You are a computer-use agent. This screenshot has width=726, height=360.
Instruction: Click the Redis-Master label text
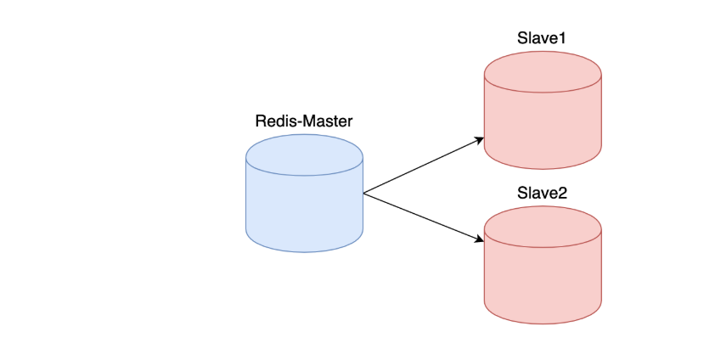tap(304, 121)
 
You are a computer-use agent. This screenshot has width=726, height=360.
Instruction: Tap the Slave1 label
tap(543, 39)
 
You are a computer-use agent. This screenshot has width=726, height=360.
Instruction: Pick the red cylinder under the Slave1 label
tap(543, 119)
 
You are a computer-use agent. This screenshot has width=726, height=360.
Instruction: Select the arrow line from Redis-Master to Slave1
tap(420, 166)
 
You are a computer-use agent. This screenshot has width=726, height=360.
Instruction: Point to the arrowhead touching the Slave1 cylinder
tap(479, 140)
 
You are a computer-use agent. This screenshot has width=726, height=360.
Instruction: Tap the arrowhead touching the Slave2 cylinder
tap(479, 239)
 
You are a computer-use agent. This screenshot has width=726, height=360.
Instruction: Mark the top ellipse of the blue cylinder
tap(304, 158)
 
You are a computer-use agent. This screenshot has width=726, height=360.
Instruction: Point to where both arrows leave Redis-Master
tap(363, 193)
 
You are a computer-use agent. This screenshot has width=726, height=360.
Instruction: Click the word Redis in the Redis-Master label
tap(275, 121)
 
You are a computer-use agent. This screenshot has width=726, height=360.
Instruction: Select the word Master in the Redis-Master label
tap(329, 121)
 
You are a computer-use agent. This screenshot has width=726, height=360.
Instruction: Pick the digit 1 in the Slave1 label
tap(562, 39)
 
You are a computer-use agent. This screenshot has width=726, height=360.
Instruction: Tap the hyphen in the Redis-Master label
tap(299, 122)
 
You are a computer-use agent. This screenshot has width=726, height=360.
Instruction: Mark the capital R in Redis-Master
tap(261, 121)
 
